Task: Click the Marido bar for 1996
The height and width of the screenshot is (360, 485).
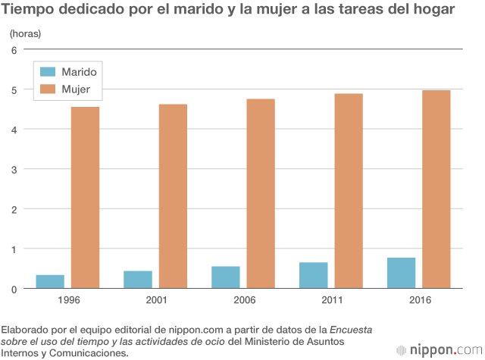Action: (x=50, y=281)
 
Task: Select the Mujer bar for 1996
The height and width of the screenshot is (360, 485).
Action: (x=85, y=197)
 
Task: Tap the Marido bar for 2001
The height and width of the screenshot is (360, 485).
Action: (x=138, y=279)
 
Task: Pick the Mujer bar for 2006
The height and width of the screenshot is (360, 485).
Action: (x=261, y=193)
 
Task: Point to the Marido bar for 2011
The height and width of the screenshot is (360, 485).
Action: (x=314, y=275)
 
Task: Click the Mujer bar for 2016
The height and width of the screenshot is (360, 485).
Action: (x=436, y=189)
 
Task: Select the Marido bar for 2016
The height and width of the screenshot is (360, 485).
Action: (x=402, y=273)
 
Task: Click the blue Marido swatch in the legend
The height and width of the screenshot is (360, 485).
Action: (x=48, y=72)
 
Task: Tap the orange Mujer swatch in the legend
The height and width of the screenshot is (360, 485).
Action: (x=48, y=89)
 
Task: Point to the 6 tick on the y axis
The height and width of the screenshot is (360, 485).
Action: (x=14, y=50)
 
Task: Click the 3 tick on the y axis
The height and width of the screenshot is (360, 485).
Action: (x=14, y=169)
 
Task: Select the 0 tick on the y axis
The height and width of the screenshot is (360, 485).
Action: (x=14, y=289)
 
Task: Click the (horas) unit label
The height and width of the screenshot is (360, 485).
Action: (x=26, y=34)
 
